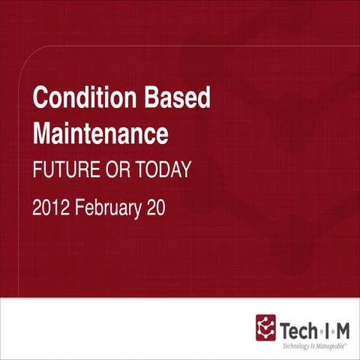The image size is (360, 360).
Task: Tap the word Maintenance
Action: point(100,134)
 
